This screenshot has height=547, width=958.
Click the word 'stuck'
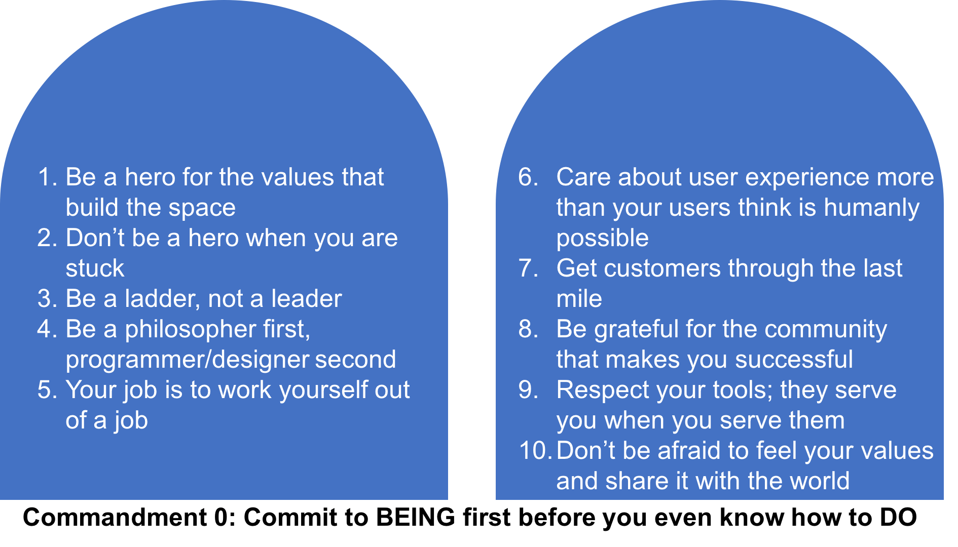click(95, 268)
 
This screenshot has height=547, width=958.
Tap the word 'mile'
click(579, 299)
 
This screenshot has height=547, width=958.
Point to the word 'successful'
click(794, 360)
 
